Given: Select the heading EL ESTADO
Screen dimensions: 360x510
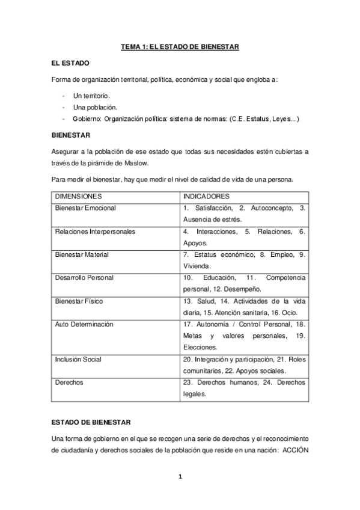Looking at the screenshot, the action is point(71,63).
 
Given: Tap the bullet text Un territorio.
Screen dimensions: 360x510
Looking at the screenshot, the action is point(91,96).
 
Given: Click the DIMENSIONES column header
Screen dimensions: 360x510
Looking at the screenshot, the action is point(78,197).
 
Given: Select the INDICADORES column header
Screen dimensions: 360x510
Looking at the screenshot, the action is point(206,197).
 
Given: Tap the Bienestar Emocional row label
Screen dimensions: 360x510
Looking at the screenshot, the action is point(85,208).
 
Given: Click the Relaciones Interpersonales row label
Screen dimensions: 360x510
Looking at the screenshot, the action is point(95,232).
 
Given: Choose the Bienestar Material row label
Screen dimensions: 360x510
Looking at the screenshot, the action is point(82,254).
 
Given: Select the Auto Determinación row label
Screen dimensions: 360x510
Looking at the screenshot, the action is point(84,324).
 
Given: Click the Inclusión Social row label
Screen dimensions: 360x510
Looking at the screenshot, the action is point(78,360).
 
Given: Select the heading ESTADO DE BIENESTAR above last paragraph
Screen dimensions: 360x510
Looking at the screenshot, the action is point(95,422).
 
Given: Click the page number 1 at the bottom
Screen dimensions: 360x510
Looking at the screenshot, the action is point(180,477).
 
